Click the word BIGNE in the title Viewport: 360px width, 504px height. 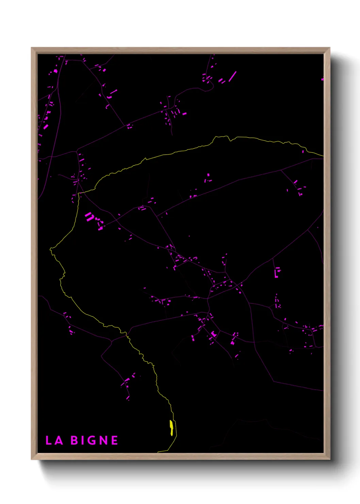94,441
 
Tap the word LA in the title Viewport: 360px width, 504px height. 54,441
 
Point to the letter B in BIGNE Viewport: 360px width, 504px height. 74,441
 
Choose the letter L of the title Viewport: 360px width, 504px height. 49,441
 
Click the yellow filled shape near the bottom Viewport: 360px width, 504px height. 171,428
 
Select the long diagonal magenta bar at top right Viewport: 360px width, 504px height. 232,76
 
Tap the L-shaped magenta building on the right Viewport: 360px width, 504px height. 277,272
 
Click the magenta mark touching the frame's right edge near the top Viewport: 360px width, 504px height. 322,79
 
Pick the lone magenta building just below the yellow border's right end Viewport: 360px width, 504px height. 303,152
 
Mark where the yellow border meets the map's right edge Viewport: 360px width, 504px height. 323,156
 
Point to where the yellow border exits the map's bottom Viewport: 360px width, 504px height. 159,452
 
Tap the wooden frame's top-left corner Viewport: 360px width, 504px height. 32,48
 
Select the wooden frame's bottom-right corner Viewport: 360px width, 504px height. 329,459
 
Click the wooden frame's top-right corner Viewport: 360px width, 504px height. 329,48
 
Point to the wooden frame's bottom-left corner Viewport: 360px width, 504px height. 32,459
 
